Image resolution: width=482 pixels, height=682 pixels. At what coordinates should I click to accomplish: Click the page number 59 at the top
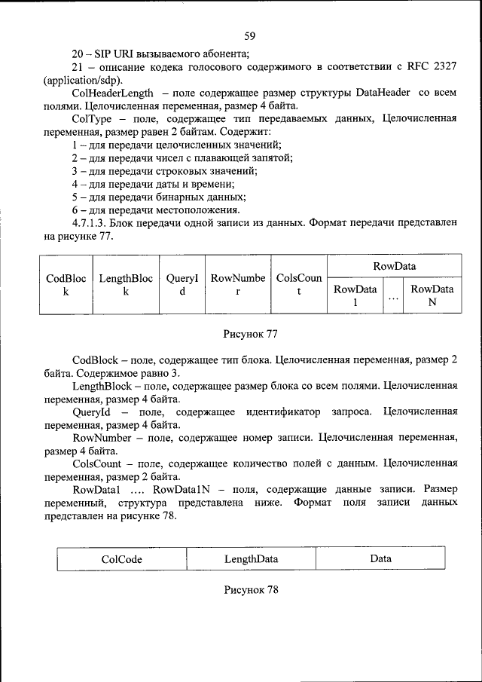(x=250, y=35)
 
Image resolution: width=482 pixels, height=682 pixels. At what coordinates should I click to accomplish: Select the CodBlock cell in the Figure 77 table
(x=66, y=285)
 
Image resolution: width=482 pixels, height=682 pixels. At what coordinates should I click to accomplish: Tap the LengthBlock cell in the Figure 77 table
(x=126, y=285)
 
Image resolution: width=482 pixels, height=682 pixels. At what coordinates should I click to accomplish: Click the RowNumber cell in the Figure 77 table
(x=237, y=285)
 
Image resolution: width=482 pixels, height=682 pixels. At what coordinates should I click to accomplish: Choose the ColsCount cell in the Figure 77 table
(x=299, y=285)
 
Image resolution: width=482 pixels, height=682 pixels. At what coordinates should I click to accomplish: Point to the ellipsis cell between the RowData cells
(x=393, y=295)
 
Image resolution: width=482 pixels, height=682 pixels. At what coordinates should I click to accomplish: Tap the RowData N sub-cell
(x=432, y=295)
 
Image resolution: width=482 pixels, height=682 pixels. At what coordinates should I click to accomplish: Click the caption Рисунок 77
(x=251, y=333)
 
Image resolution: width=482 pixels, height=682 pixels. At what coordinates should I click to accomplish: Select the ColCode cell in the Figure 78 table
(x=121, y=559)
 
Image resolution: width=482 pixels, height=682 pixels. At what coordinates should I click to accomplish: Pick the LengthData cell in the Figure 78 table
(x=251, y=559)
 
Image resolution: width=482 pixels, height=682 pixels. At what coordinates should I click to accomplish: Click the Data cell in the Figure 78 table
(x=380, y=559)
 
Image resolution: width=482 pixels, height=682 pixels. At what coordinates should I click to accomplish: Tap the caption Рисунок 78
(x=251, y=590)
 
